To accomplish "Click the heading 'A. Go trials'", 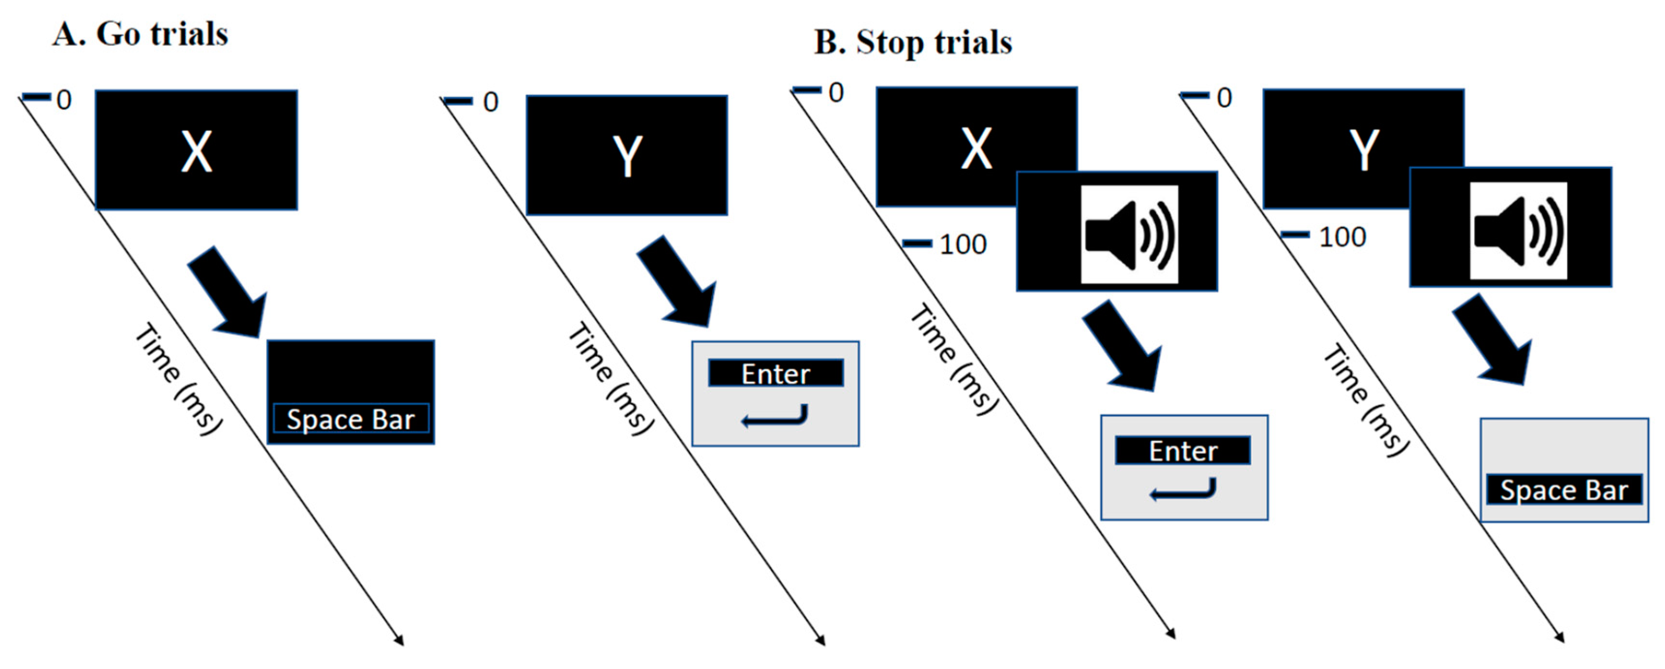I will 140,34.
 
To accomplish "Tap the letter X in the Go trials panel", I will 196,152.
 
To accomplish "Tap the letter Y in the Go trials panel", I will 627,156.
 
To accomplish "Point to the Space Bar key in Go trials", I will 351,420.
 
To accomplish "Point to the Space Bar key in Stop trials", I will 1563,490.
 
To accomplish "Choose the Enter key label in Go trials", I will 775,374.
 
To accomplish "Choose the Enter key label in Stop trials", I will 1183,451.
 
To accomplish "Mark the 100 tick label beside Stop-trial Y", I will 1342,237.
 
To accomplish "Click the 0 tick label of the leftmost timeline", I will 63,100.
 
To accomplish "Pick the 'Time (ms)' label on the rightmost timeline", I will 1364,401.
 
